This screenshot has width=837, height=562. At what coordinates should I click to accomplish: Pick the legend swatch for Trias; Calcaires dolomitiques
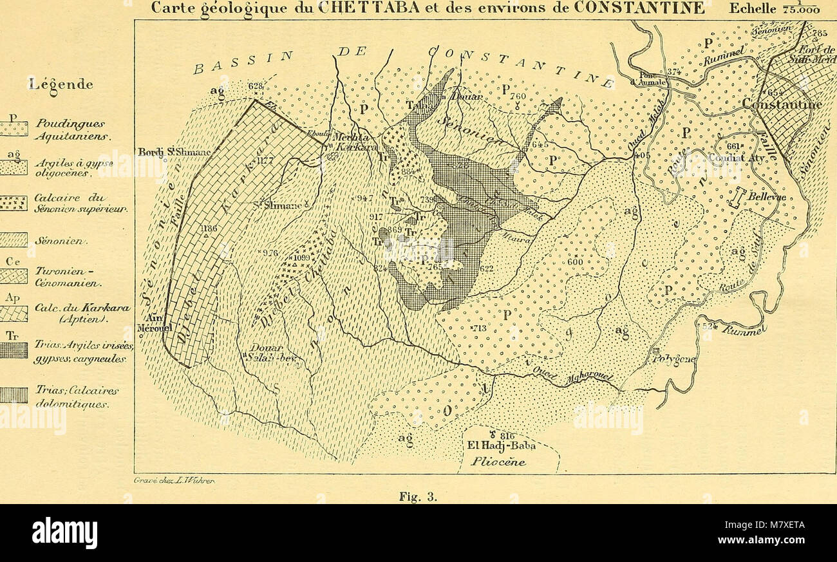coord(14,395)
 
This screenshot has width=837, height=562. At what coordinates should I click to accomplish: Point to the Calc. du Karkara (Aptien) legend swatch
coord(14,314)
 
